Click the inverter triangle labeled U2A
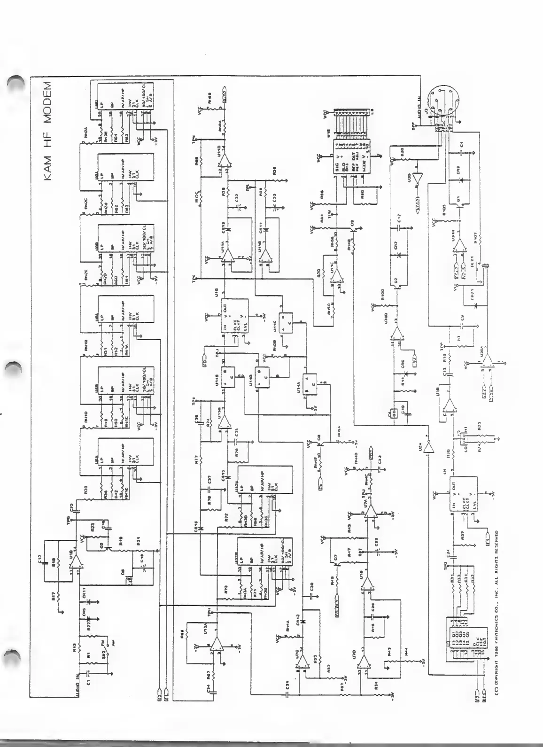pyautogui.click(x=427, y=448)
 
